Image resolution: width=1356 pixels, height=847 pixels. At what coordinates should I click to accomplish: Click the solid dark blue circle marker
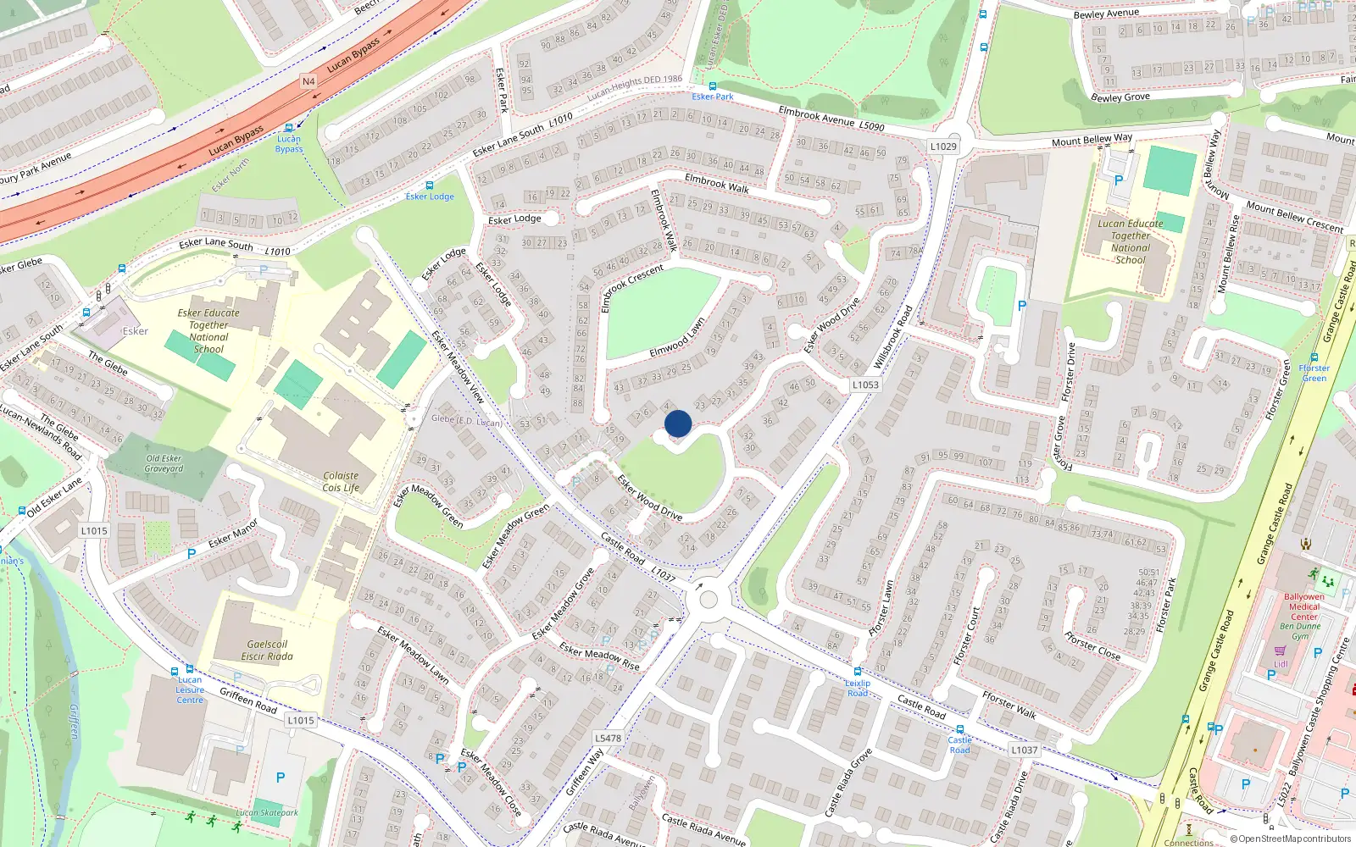[x=678, y=423]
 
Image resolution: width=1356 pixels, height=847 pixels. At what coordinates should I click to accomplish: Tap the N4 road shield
[x=308, y=81]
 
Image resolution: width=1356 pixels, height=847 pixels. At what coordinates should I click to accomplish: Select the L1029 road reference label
[x=943, y=147]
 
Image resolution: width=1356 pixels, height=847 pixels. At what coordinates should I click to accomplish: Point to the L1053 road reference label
[x=865, y=385]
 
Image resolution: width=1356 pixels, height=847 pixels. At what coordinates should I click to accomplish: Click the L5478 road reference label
[x=608, y=738]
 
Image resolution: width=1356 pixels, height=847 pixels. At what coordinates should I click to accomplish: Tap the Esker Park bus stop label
[x=713, y=97]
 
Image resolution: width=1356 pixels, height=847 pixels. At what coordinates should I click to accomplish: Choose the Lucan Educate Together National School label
[x=1131, y=242]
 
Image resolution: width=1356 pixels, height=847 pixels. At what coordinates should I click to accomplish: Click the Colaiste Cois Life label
[x=341, y=482]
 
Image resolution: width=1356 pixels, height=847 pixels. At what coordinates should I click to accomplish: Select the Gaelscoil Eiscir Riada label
[x=267, y=650]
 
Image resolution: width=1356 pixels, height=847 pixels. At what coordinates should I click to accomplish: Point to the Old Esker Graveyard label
[x=164, y=463]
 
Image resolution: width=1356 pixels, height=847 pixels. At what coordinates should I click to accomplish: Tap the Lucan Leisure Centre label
[x=190, y=689]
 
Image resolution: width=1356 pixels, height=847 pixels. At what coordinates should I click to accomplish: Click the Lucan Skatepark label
[x=267, y=812]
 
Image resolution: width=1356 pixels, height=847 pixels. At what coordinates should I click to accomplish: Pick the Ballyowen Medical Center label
[x=1303, y=606]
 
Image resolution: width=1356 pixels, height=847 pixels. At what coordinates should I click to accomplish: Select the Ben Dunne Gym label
[x=1300, y=631]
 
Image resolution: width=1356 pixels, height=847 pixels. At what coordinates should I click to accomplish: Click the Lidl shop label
[x=1281, y=663]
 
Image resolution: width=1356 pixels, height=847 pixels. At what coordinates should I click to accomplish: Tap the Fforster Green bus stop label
[x=1314, y=373]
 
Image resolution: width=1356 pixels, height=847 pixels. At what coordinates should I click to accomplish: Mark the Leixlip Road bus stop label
[x=858, y=688]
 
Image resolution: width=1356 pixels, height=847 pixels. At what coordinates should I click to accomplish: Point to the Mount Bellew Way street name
[x=1092, y=140]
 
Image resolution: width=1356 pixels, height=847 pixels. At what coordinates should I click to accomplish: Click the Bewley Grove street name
[x=1120, y=97]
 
